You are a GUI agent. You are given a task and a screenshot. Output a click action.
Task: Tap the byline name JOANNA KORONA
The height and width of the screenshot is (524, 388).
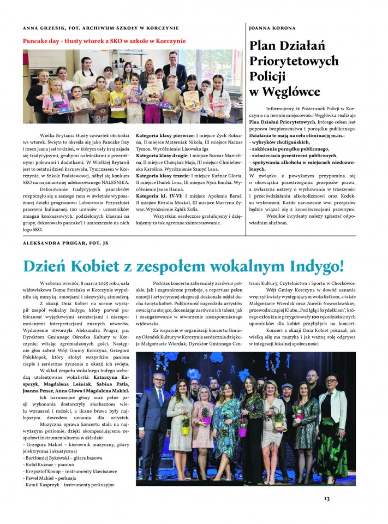[272, 27]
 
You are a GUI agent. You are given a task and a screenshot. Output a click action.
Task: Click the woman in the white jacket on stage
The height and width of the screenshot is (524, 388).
[333, 415]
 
